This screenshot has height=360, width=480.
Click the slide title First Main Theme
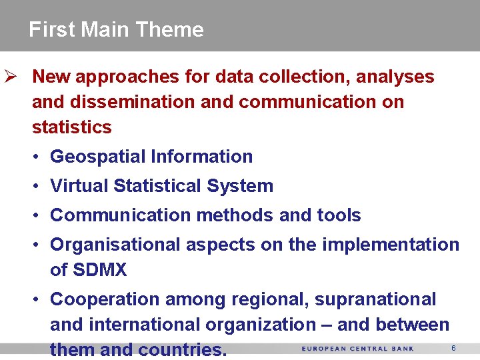pyautogui.click(x=116, y=29)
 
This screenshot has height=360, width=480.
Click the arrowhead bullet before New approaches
pyautogui.click(x=10, y=77)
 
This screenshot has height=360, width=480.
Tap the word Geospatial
pyautogui.click(x=98, y=157)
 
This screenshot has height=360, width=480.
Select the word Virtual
pyautogui.click(x=79, y=186)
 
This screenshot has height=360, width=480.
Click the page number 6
pyautogui.click(x=453, y=349)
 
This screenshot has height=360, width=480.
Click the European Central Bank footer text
pyautogui.click(x=357, y=349)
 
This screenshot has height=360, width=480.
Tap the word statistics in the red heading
pyautogui.click(x=71, y=127)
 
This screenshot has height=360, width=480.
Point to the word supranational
pyautogui.click(x=375, y=299)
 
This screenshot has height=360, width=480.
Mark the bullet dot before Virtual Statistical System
pyautogui.click(x=38, y=187)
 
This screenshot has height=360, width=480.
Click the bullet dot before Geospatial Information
pyautogui.click(x=38, y=157)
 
